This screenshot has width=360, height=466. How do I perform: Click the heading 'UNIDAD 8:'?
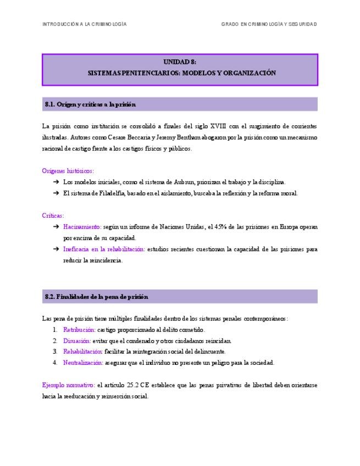[x=180, y=62]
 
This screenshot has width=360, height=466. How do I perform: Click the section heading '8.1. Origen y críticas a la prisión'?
[x=90, y=104]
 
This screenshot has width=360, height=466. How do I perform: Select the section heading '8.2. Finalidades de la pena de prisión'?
[x=96, y=297]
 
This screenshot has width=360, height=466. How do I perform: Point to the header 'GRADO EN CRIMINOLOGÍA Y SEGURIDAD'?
[x=269, y=24]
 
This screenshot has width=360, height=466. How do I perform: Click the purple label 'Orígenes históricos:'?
[x=68, y=171]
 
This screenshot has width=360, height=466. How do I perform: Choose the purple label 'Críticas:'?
[x=53, y=216]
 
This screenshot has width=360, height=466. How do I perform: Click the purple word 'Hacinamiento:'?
[x=82, y=227]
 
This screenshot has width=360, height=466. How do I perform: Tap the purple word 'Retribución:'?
[x=79, y=330]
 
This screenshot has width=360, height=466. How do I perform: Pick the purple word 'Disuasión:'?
[x=77, y=341]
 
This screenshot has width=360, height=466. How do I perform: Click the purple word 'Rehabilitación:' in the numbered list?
[x=82, y=352]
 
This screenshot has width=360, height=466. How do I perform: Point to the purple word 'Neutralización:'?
[x=83, y=363]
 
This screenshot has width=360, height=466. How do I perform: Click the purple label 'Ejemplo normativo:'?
[x=68, y=385]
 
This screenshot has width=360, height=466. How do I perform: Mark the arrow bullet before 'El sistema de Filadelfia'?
[x=56, y=193]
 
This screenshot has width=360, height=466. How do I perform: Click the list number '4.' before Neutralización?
[x=55, y=363]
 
